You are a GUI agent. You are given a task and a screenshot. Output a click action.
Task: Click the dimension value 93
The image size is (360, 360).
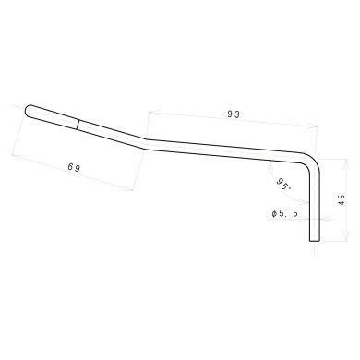[234, 114]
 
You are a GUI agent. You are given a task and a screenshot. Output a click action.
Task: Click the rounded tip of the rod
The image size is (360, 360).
[29, 110]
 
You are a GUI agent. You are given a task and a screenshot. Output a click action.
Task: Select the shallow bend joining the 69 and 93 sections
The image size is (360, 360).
[146, 141]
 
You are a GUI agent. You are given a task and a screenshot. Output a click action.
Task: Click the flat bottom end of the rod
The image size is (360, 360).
[315, 242]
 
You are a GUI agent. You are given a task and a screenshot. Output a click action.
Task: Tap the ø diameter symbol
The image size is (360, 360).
[275, 213]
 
